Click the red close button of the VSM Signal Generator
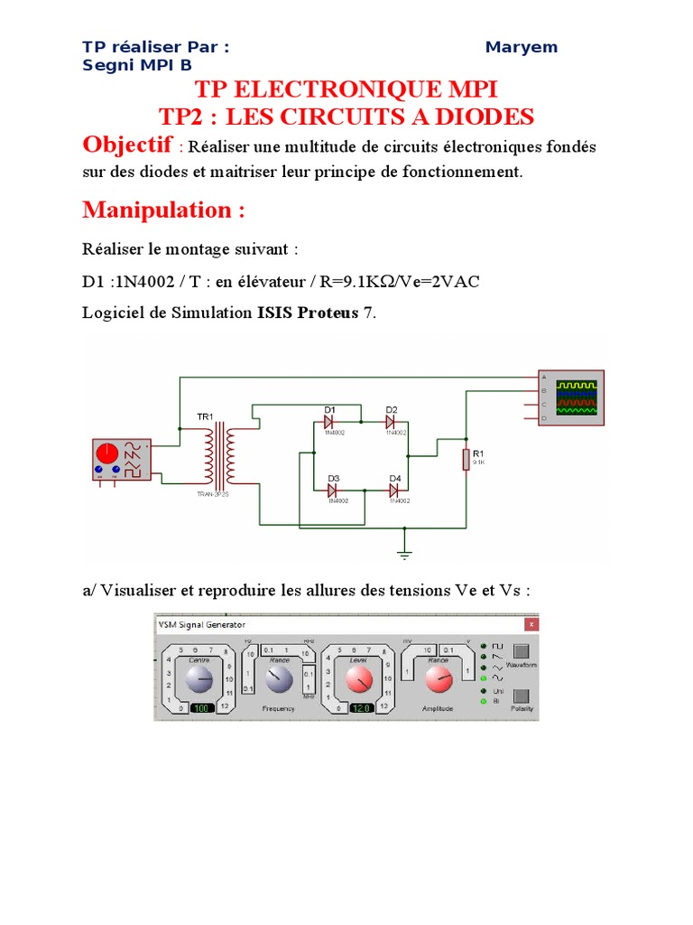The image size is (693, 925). click(531, 624)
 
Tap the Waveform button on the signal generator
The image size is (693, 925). click(521, 651)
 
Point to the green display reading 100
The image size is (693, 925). click(202, 709)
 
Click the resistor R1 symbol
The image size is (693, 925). click(466, 459)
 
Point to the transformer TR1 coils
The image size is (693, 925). click(219, 457)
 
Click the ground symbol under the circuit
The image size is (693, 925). click(405, 554)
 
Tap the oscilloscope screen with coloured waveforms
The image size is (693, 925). click(576, 397)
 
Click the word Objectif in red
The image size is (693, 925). click(127, 145)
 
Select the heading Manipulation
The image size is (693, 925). click(163, 210)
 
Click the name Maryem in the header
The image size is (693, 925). click(521, 47)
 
